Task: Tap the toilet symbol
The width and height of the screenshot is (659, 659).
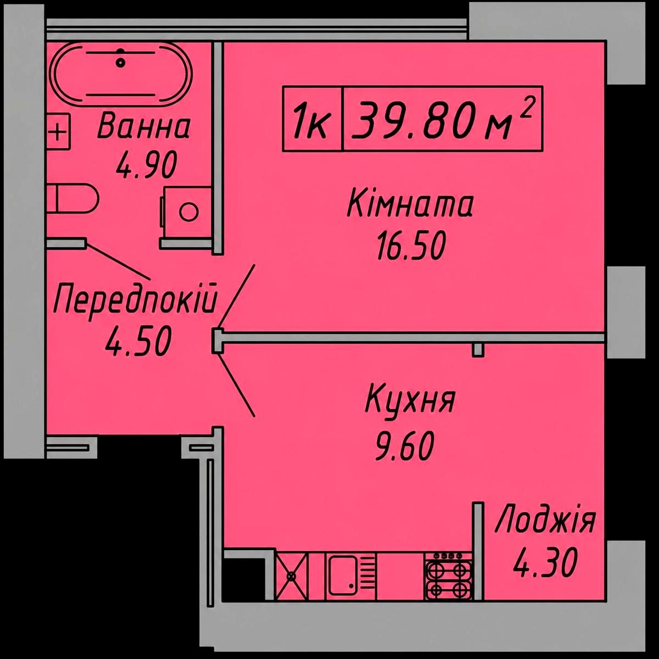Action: pos(72,199)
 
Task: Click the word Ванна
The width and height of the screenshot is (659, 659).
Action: pos(144,127)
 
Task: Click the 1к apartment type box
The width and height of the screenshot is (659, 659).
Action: pos(312,118)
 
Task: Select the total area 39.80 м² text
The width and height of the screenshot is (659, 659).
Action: pos(443,118)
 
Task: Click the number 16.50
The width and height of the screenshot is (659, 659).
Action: pos(411,245)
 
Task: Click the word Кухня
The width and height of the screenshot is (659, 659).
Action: pos(410,402)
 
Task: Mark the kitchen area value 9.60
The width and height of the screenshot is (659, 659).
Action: pos(405,445)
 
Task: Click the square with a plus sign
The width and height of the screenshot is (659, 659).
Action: pos(58,132)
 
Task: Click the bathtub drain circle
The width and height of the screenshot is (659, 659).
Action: pos(120,63)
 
